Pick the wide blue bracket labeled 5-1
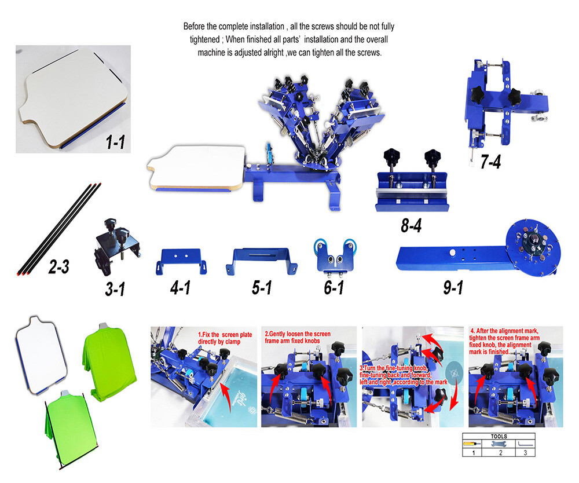tap(265, 259)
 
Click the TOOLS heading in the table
tap(498, 437)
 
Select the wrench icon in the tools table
tap(500, 443)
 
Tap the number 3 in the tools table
tap(525, 452)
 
